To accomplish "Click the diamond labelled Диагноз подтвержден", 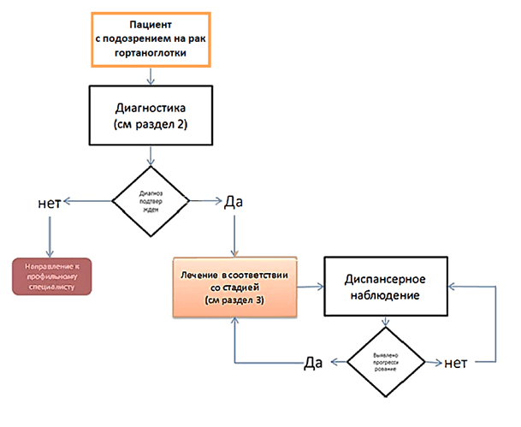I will point(151,201).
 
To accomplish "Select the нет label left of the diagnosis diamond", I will point(49,203).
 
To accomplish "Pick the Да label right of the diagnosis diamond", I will point(234,203).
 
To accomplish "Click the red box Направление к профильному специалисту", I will point(51,275).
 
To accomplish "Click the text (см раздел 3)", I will point(234,302).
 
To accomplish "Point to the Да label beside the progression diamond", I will point(313,362).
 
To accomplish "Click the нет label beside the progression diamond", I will point(454,362).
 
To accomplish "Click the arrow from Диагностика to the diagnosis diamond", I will point(151,155).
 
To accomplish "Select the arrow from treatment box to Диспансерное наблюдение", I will point(311,285).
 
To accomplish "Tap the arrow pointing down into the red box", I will point(50,235).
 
